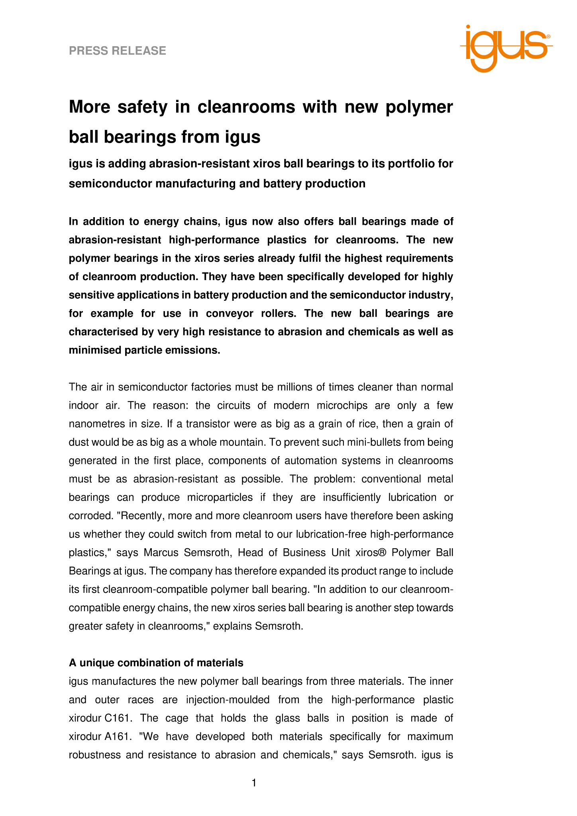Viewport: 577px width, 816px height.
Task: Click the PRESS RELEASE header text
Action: click(x=118, y=51)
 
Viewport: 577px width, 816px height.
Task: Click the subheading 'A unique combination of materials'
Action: click(x=156, y=663)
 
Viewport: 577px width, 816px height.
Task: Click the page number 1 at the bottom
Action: click(x=254, y=783)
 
